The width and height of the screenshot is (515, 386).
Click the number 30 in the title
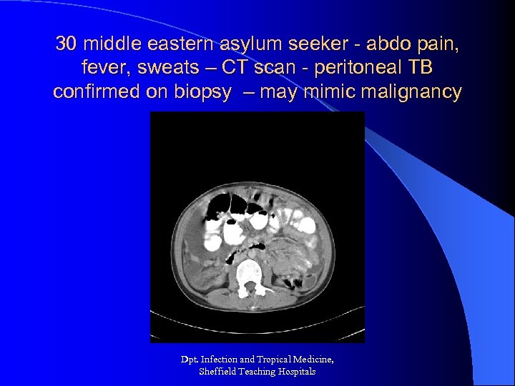66,44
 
